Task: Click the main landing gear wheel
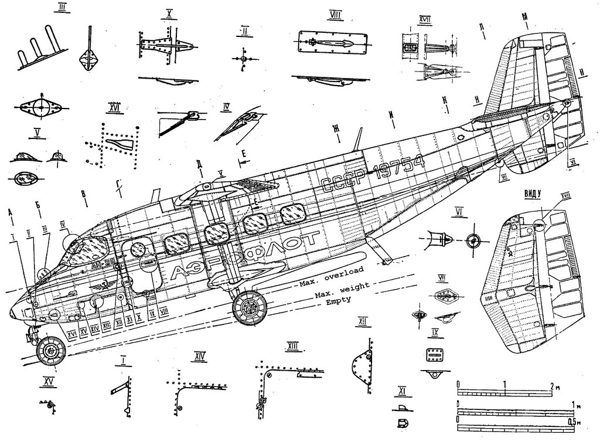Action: click(249, 307)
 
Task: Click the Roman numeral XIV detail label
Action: click(200, 355)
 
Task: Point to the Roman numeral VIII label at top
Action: click(335, 14)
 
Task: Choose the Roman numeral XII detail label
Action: click(363, 321)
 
